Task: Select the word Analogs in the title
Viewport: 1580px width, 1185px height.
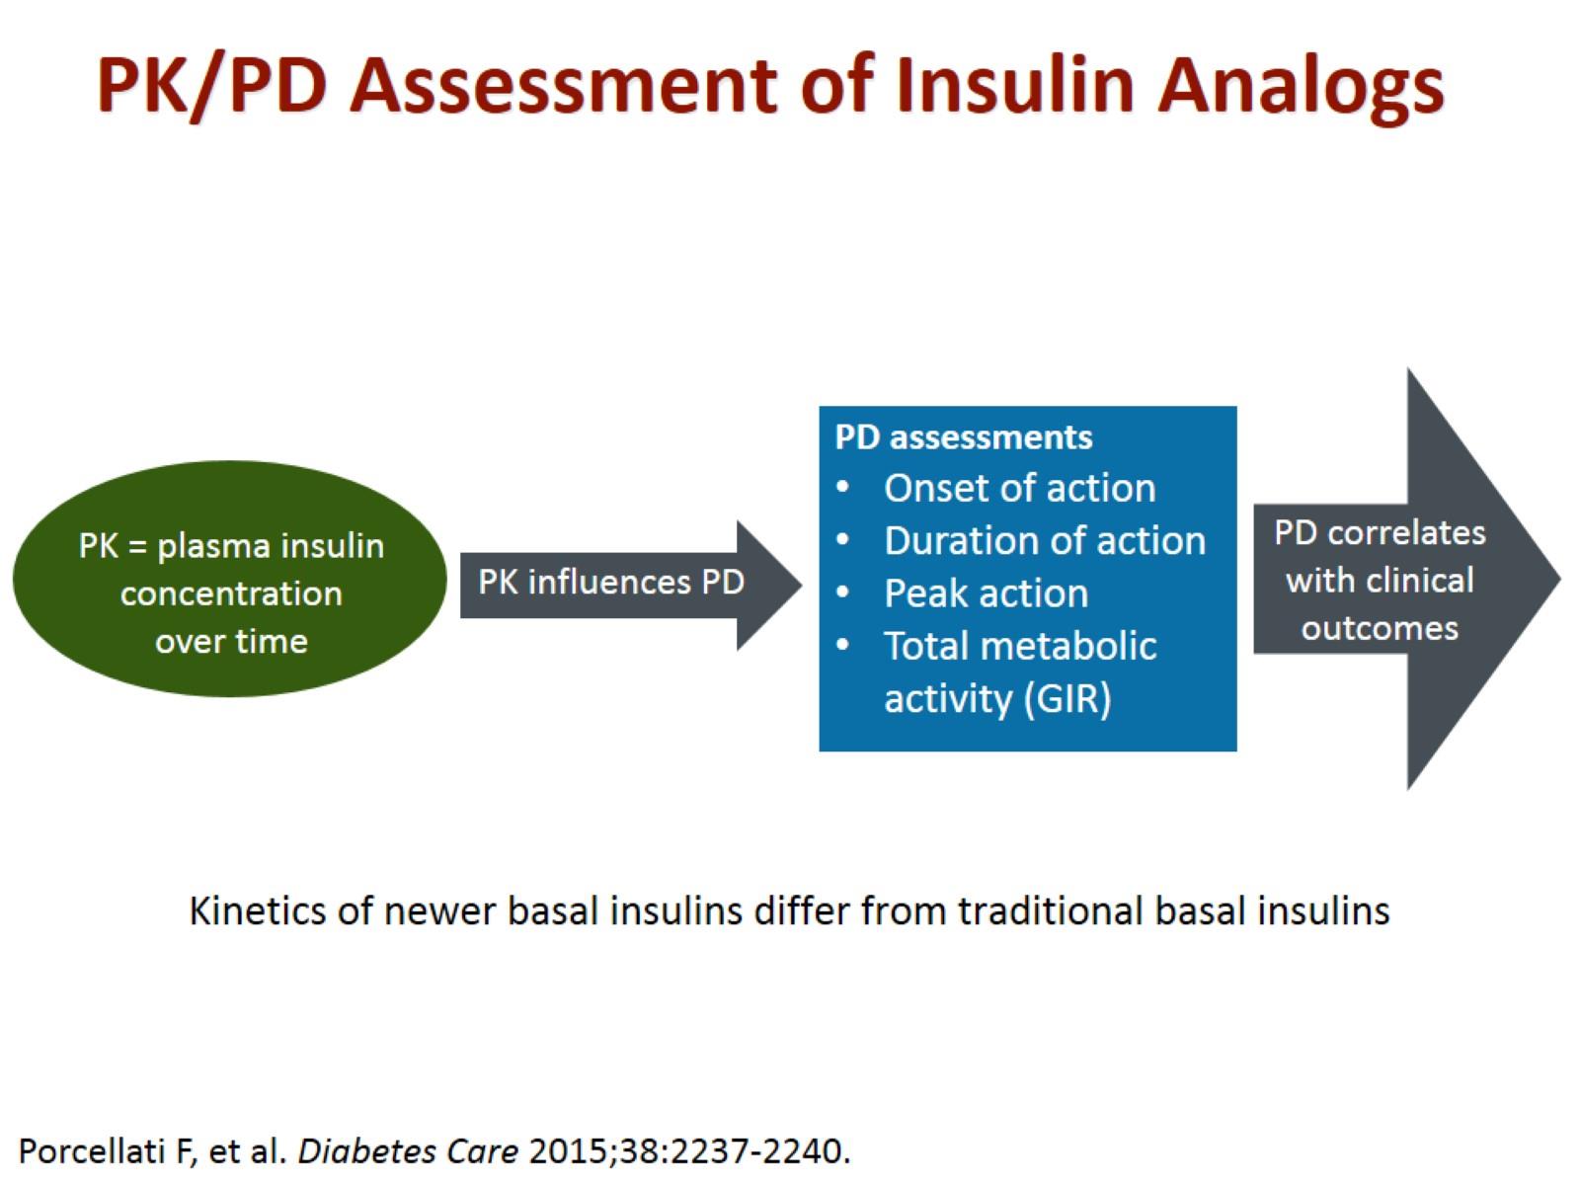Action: coord(1300,90)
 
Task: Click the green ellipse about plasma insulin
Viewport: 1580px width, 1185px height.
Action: coord(230,580)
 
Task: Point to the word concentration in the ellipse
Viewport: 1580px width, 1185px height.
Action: coord(231,593)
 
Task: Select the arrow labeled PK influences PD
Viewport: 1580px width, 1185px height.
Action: coord(631,585)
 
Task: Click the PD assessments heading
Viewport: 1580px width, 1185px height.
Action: coord(963,437)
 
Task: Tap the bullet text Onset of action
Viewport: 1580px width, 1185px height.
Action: coord(1019,489)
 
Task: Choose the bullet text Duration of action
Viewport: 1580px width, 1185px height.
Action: coord(1045,541)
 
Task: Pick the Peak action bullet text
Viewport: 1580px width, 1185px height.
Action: coord(987,593)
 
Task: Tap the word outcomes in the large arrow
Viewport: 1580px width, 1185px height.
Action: coord(1380,629)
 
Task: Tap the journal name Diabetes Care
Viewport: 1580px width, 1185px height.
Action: coord(408,1151)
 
